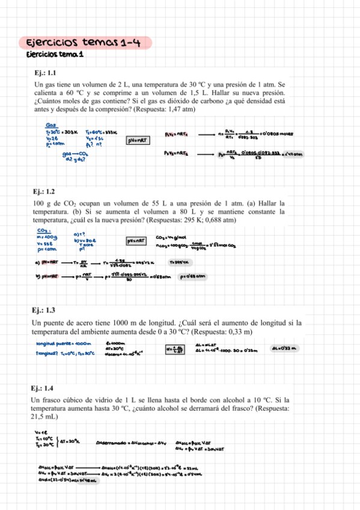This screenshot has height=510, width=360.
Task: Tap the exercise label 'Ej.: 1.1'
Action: tap(45, 73)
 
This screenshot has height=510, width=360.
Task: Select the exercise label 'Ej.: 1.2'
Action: tap(45, 192)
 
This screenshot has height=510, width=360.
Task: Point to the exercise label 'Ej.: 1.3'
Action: tap(45, 310)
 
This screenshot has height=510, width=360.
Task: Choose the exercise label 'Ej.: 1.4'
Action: tap(45, 388)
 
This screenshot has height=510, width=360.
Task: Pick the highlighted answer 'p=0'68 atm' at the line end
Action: tap(193, 277)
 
